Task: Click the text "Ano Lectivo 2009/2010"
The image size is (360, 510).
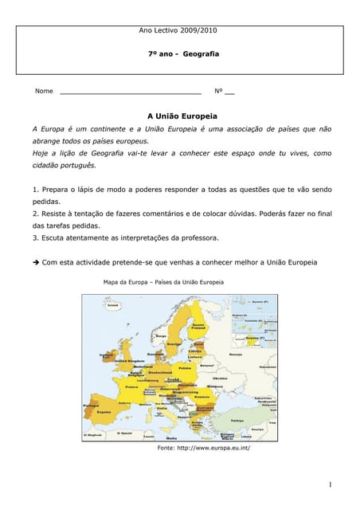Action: (x=178, y=30)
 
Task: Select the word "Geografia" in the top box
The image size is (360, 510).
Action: (x=201, y=54)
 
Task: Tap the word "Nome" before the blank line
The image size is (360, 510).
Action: (x=44, y=92)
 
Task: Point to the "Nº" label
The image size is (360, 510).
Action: (x=219, y=92)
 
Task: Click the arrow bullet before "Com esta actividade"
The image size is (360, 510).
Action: (x=36, y=262)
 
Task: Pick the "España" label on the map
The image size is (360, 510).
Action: (x=104, y=411)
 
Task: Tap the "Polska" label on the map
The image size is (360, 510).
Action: (x=186, y=368)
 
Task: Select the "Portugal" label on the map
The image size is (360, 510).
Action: (x=90, y=406)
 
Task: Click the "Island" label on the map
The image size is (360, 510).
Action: (x=113, y=305)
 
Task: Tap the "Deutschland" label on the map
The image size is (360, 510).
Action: (x=160, y=372)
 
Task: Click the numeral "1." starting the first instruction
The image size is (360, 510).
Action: (x=36, y=190)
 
